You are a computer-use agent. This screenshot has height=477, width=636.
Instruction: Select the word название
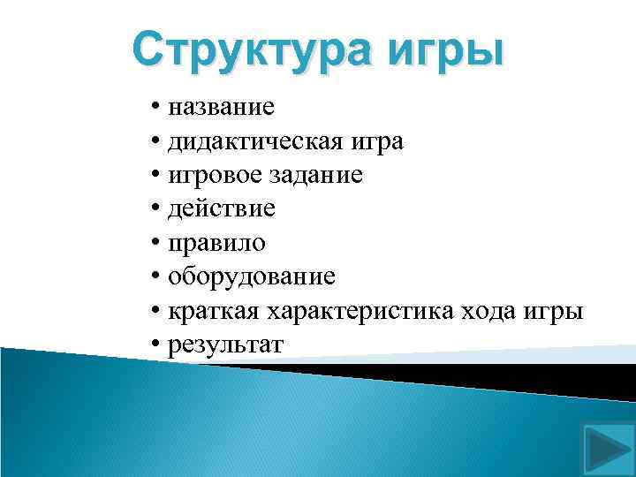point(222,109)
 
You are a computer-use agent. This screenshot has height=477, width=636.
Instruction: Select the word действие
point(222,209)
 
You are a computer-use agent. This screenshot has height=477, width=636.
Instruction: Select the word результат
point(226,344)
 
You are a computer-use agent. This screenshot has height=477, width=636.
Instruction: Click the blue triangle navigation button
point(605,448)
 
